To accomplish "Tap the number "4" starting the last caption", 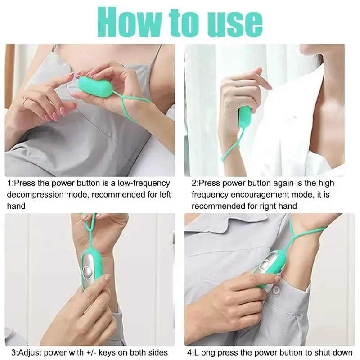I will click(189, 352).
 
